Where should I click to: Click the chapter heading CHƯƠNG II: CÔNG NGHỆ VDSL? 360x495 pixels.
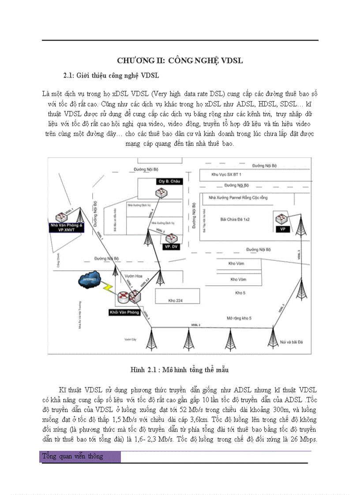(180, 61)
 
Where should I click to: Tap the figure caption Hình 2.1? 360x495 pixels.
(179, 370)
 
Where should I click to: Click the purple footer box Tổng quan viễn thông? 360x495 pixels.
(80, 456)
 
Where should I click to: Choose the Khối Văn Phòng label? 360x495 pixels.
(124, 313)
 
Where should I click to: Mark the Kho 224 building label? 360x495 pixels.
(175, 301)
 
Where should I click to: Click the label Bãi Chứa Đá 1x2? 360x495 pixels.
(235, 219)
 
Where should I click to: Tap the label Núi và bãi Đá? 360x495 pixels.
(292, 342)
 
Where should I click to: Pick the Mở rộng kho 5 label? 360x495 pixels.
(239, 318)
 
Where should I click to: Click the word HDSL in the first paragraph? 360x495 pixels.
(249, 104)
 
